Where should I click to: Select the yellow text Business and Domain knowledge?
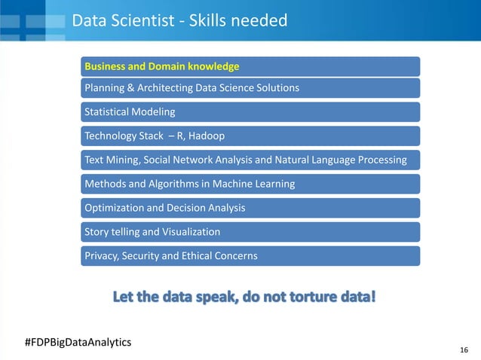click(x=162, y=66)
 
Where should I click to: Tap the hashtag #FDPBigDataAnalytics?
click(x=78, y=342)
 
